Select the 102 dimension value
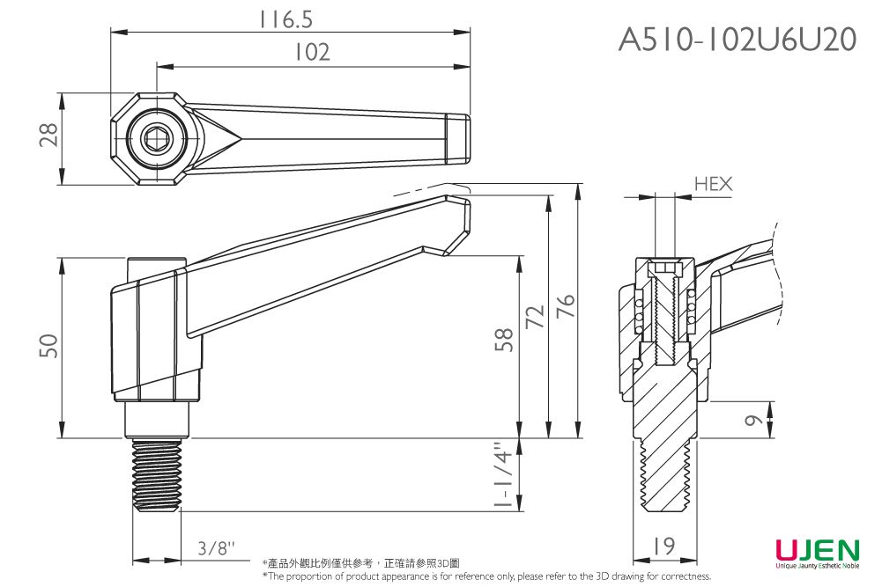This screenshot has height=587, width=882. (312, 53)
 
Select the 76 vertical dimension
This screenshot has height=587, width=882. (565, 307)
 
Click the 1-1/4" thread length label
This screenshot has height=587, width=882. (503, 477)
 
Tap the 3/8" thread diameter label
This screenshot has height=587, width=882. (217, 548)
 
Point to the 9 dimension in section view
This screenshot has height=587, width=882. (752, 420)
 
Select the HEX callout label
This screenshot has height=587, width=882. (713, 184)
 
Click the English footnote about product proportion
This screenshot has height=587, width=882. (486, 576)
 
